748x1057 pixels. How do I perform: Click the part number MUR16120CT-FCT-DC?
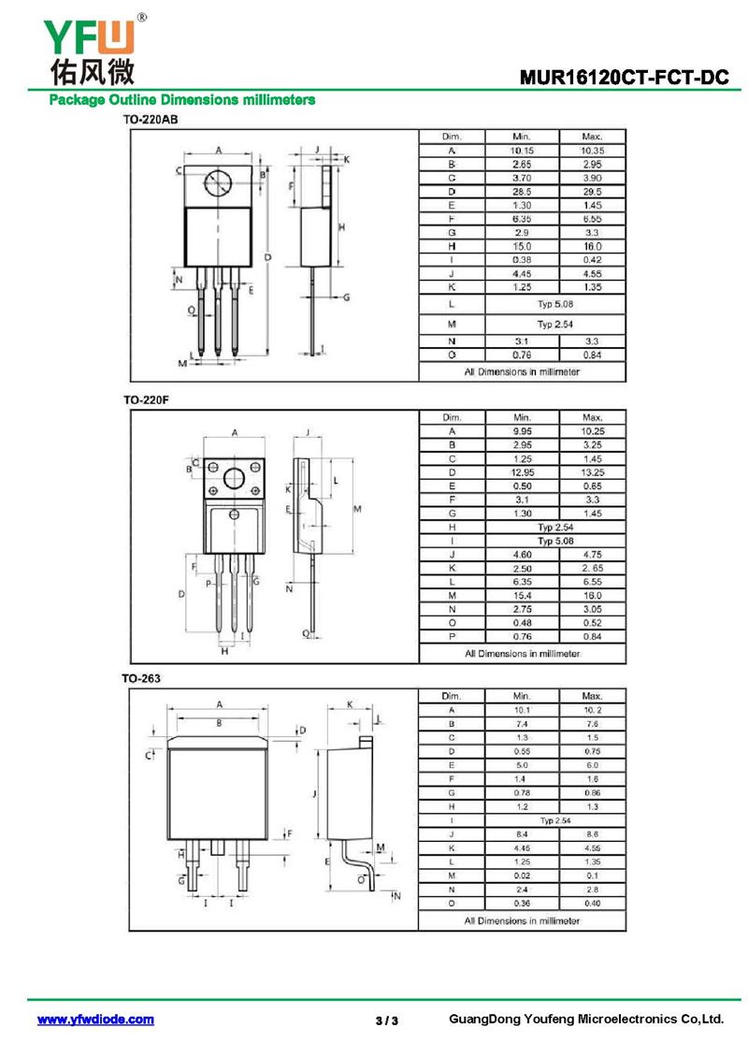click(x=624, y=78)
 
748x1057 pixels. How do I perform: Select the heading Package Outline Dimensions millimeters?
click(x=182, y=100)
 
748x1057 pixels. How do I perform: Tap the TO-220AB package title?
click(x=151, y=120)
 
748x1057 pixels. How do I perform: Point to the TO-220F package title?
click(x=146, y=399)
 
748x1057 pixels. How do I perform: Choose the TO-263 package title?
click(x=141, y=678)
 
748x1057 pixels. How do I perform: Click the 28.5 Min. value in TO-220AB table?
click(x=522, y=192)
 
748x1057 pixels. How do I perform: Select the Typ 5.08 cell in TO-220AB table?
click(x=555, y=304)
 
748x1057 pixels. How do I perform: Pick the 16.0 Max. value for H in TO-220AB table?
click(x=593, y=246)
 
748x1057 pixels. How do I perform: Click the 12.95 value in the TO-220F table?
click(x=523, y=472)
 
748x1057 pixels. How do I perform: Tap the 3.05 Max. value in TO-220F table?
click(x=593, y=609)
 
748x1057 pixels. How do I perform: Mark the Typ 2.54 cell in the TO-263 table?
click(x=555, y=820)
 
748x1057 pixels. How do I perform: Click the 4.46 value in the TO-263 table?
click(x=522, y=848)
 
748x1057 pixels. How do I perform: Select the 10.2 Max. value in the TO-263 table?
click(x=593, y=710)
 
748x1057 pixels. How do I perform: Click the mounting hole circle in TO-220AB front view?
click(x=219, y=182)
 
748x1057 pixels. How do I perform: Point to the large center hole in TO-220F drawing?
click(x=234, y=478)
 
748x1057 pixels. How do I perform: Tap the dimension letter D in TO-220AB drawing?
click(x=267, y=257)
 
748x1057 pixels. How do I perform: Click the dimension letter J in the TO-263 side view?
click(x=314, y=794)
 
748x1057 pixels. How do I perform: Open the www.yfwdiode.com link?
click(x=95, y=1020)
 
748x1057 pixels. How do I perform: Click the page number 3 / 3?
click(x=387, y=1021)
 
